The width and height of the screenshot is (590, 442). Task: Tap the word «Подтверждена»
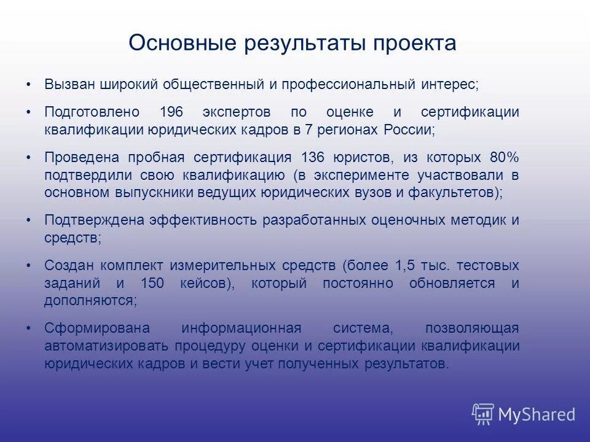click(93, 220)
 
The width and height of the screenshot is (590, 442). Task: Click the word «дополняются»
click(88, 301)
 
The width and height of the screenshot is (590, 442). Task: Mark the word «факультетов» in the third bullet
click(455, 192)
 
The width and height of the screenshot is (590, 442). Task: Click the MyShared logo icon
click(482, 414)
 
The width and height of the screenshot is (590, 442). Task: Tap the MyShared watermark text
click(536, 414)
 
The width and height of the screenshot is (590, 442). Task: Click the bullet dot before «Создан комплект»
click(28, 266)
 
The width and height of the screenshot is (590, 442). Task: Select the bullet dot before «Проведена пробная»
click(28, 157)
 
